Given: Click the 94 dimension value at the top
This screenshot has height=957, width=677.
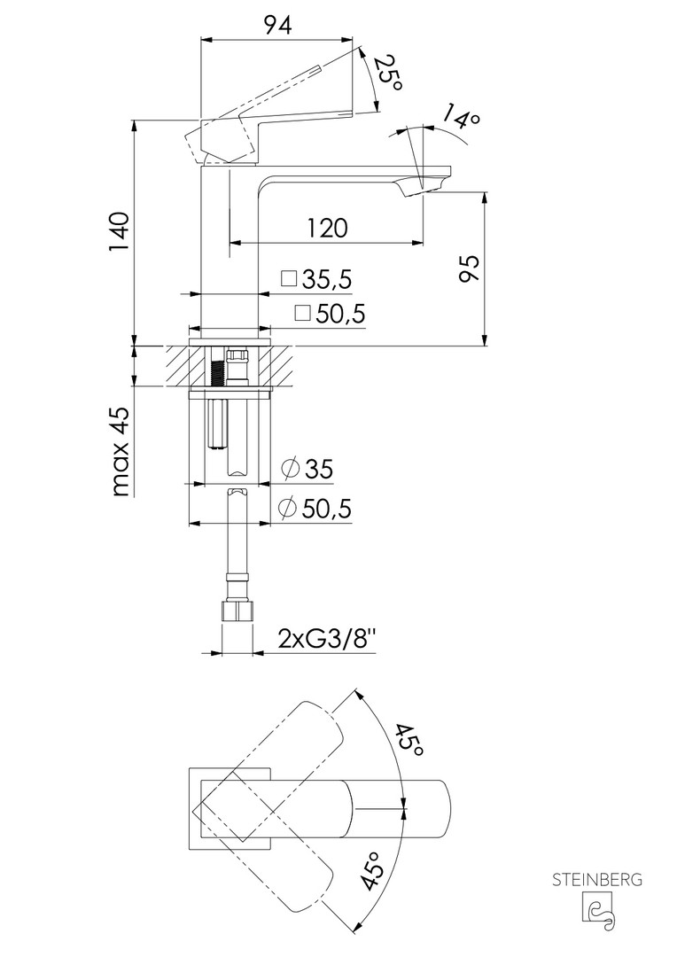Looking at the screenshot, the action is pos(277,25).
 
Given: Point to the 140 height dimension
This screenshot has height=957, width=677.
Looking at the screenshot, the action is pos(119,232).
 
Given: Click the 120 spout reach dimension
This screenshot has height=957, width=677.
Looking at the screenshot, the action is pos(327,228).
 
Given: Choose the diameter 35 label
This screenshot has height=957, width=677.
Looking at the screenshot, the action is pos(307,470).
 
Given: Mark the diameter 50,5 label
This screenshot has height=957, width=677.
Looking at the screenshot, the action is pos(315,508).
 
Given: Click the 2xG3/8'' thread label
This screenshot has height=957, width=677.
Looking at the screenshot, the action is pos(327,640).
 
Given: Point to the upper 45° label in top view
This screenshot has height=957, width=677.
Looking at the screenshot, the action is pos(409,740).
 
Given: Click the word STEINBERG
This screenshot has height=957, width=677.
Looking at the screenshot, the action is pos(597,880).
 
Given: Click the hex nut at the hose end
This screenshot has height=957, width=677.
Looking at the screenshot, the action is pos(236,611).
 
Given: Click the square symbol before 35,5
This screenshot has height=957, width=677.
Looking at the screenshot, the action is pos(288,279).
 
